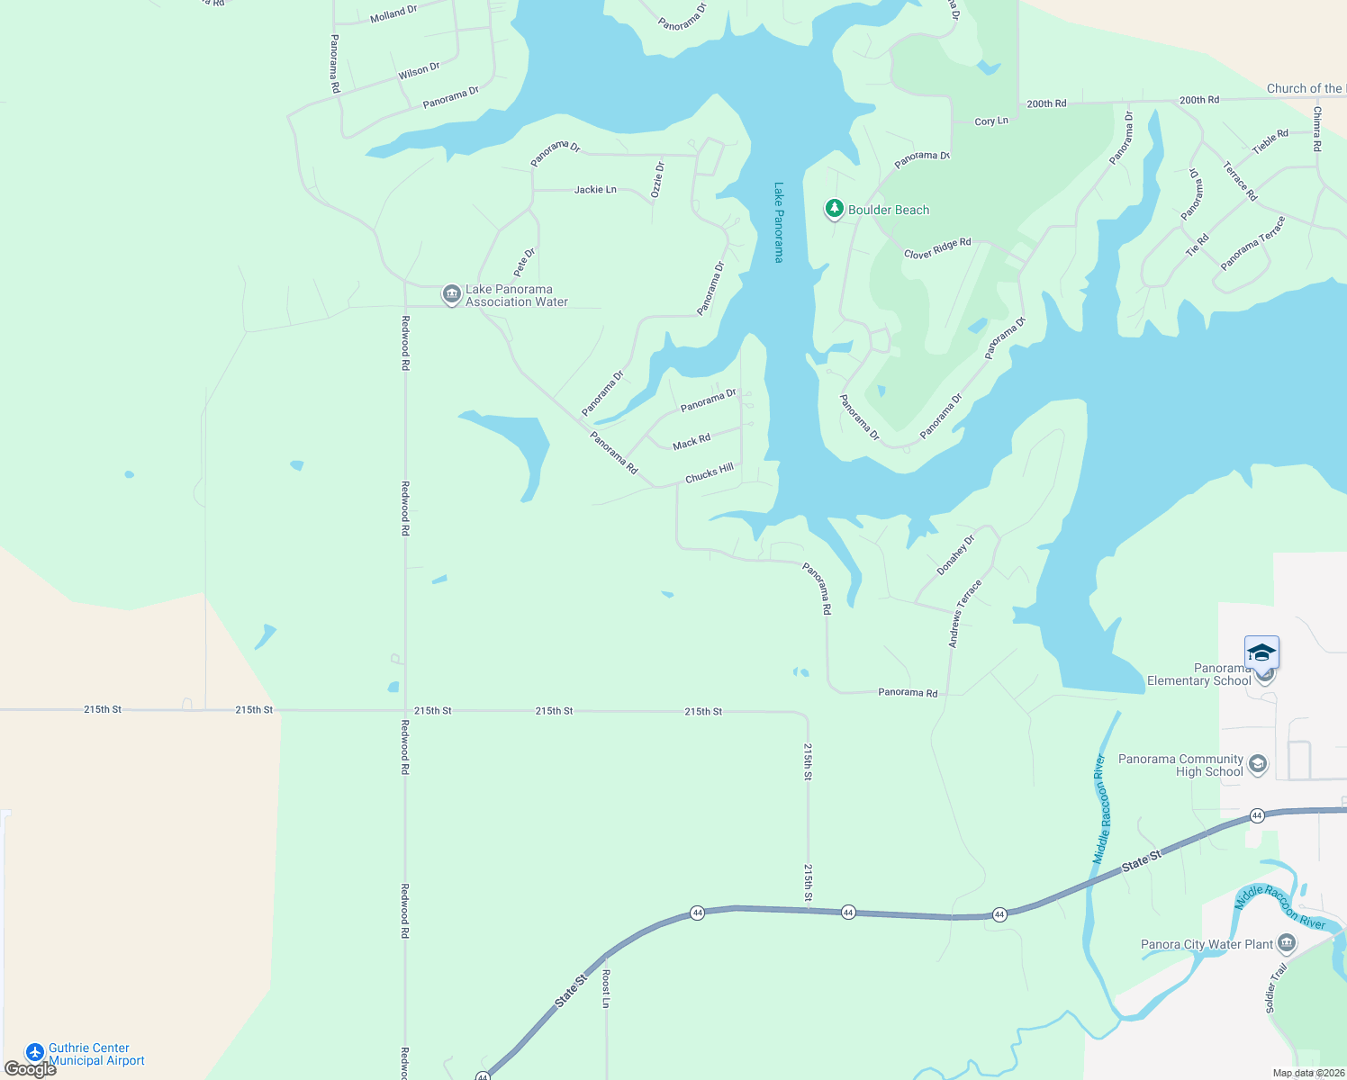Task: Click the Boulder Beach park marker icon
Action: pos(835,209)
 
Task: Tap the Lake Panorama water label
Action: pos(779,222)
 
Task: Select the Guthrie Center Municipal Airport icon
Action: pos(35,1052)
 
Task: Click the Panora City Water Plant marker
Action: pos(1287,942)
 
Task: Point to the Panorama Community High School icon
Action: pos(1258,764)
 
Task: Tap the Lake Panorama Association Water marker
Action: pos(451,294)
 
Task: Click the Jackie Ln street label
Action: pos(595,190)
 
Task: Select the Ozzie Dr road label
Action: pos(658,179)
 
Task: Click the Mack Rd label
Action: pos(692,442)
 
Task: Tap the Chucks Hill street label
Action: pos(710,473)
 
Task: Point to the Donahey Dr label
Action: pos(955,555)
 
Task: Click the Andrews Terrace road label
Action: pos(964,614)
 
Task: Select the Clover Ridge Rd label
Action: pos(937,248)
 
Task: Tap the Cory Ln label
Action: pos(991,121)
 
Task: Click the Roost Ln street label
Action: pos(606,988)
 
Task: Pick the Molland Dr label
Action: pos(393,13)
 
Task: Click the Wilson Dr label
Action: pos(419,70)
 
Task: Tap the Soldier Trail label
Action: pos(1276,987)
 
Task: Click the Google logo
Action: pos(30,1069)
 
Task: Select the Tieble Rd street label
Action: pos(1270,141)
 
